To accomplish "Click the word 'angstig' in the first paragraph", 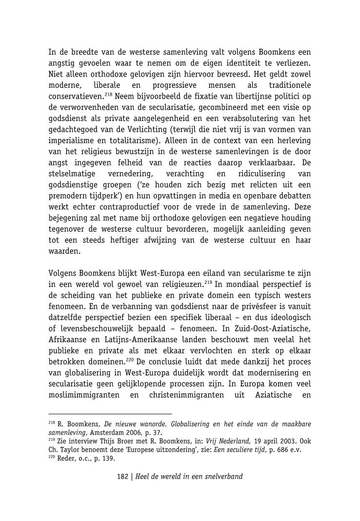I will coord(62,64).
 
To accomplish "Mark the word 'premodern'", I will coord(67,196).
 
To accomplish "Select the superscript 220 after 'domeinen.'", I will coord(130,360).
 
